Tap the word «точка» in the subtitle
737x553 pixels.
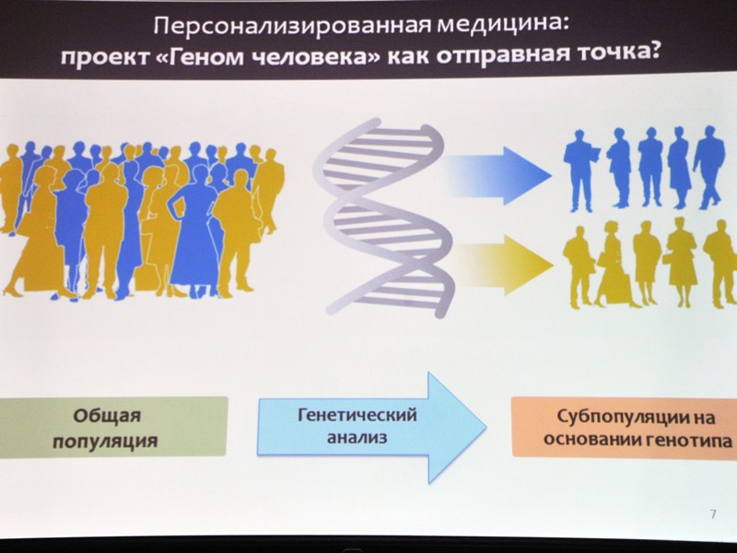[x=615, y=54]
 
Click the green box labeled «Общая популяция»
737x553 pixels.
[x=113, y=427]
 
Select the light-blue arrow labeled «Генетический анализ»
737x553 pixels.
[x=371, y=427]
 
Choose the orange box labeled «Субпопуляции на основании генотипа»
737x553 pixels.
[x=625, y=428]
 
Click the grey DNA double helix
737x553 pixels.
[x=384, y=218]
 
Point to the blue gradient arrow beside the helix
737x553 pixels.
[x=498, y=175]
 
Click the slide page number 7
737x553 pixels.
[x=713, y=514]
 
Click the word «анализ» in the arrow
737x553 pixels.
[x=357, y=437]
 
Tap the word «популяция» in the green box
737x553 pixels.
[x=105, y=441]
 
